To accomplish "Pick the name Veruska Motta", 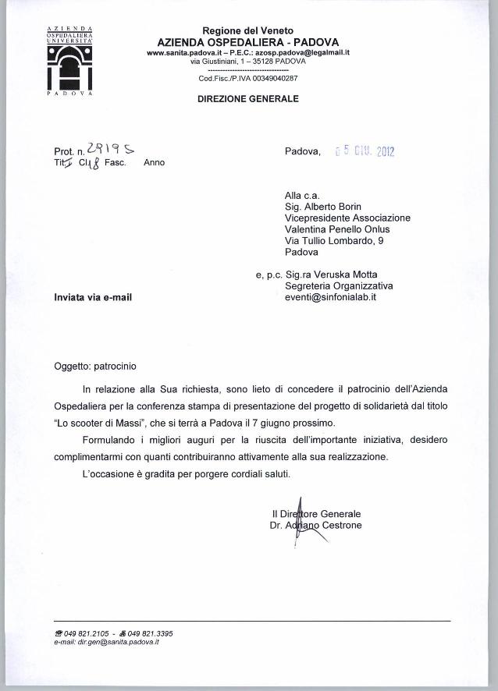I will click(x=360, y=275).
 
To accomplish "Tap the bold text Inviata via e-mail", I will click(x=92, y=297).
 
